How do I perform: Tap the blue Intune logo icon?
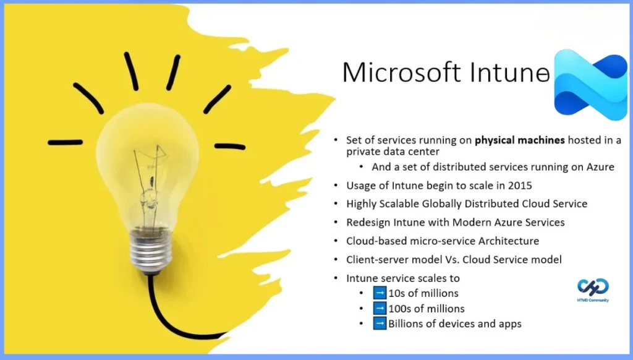coord(590,84)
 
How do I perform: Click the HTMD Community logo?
coord(593,287)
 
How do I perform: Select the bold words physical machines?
coord(520,140)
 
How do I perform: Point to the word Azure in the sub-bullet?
coord(599,167)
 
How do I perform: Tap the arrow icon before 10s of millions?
coord(380,293)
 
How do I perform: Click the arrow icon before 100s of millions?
coord(380,308)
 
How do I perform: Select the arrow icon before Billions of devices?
coord(380,323)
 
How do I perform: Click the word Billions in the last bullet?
coord(407,323)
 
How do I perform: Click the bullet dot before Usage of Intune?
coord(336,186)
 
